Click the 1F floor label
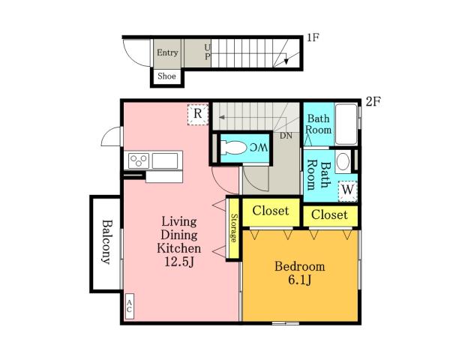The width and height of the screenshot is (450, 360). coord(313,37)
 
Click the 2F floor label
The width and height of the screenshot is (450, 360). coord(373,101)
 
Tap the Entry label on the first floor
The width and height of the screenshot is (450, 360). coord(167,52)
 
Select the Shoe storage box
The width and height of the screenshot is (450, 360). coord(166,76)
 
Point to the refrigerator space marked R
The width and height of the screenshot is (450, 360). coord(198,115)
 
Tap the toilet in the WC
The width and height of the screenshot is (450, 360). coord(233,148)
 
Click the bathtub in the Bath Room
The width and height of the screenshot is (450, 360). coord(346,124)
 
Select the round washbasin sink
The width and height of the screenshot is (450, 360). coord(343,161)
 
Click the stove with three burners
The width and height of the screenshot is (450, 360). coord(139,160)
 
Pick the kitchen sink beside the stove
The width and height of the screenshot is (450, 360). coord(165,160)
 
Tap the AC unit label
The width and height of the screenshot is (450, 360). coord(130,306)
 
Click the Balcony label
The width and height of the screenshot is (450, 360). coord(106,241)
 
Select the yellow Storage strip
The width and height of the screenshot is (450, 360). coord(234,228)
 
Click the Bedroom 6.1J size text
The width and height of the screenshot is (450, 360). coord(300,280)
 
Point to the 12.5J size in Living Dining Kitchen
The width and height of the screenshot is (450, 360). coord(179,262)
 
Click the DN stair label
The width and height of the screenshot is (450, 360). coord(286,136)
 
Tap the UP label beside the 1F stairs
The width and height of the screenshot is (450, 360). coord(208,52)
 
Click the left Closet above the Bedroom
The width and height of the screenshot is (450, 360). coord(271,211)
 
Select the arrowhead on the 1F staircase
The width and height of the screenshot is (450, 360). coord(286,61)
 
